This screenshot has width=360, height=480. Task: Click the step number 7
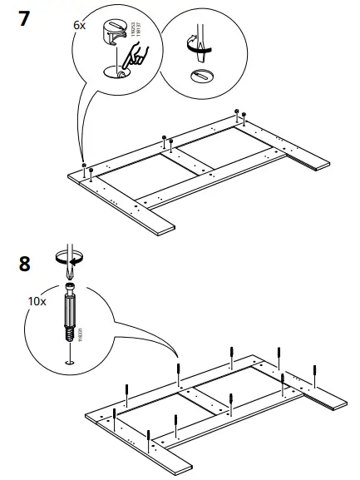coord(27,19)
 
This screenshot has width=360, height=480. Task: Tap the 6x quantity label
coord(79,26)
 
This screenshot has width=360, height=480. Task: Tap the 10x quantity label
coord(37,300)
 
